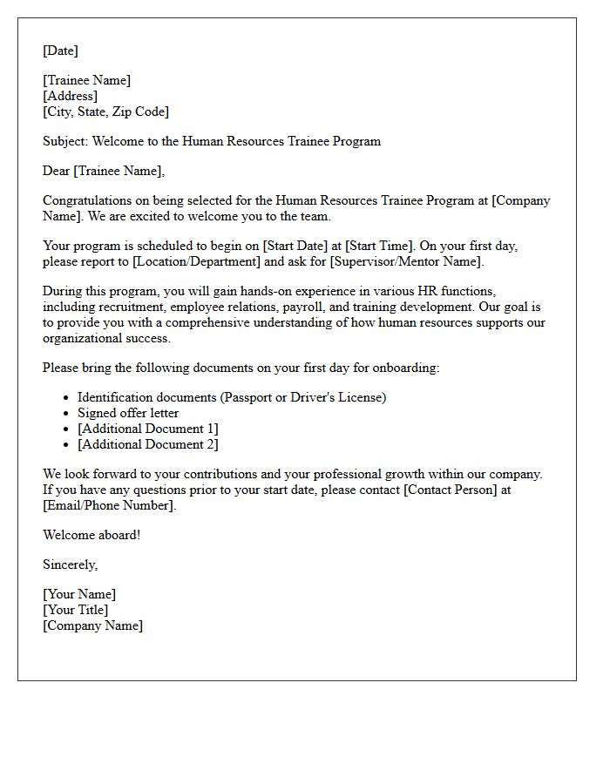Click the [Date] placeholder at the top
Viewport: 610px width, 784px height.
pos(60,51)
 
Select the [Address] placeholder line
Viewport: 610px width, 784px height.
pos(70,96)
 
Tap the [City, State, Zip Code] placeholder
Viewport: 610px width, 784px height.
pos(105,112)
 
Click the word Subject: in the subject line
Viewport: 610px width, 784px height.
pos(65,141)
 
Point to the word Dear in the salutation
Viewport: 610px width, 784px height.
pos(56,171)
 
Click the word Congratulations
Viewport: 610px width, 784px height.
pos(88,200)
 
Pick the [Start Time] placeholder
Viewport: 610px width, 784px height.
pos(381,246)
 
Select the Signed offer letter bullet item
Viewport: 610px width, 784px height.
pos(128,413)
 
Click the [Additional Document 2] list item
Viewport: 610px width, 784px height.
pos(147,444)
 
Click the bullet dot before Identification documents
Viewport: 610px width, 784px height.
pos(66,398)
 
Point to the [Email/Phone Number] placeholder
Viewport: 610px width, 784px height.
pos(108,505)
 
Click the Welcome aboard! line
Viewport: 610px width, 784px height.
pos(91,535)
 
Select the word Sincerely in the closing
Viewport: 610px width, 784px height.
pos(69,564)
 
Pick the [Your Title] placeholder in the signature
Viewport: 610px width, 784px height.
pos(75,610)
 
